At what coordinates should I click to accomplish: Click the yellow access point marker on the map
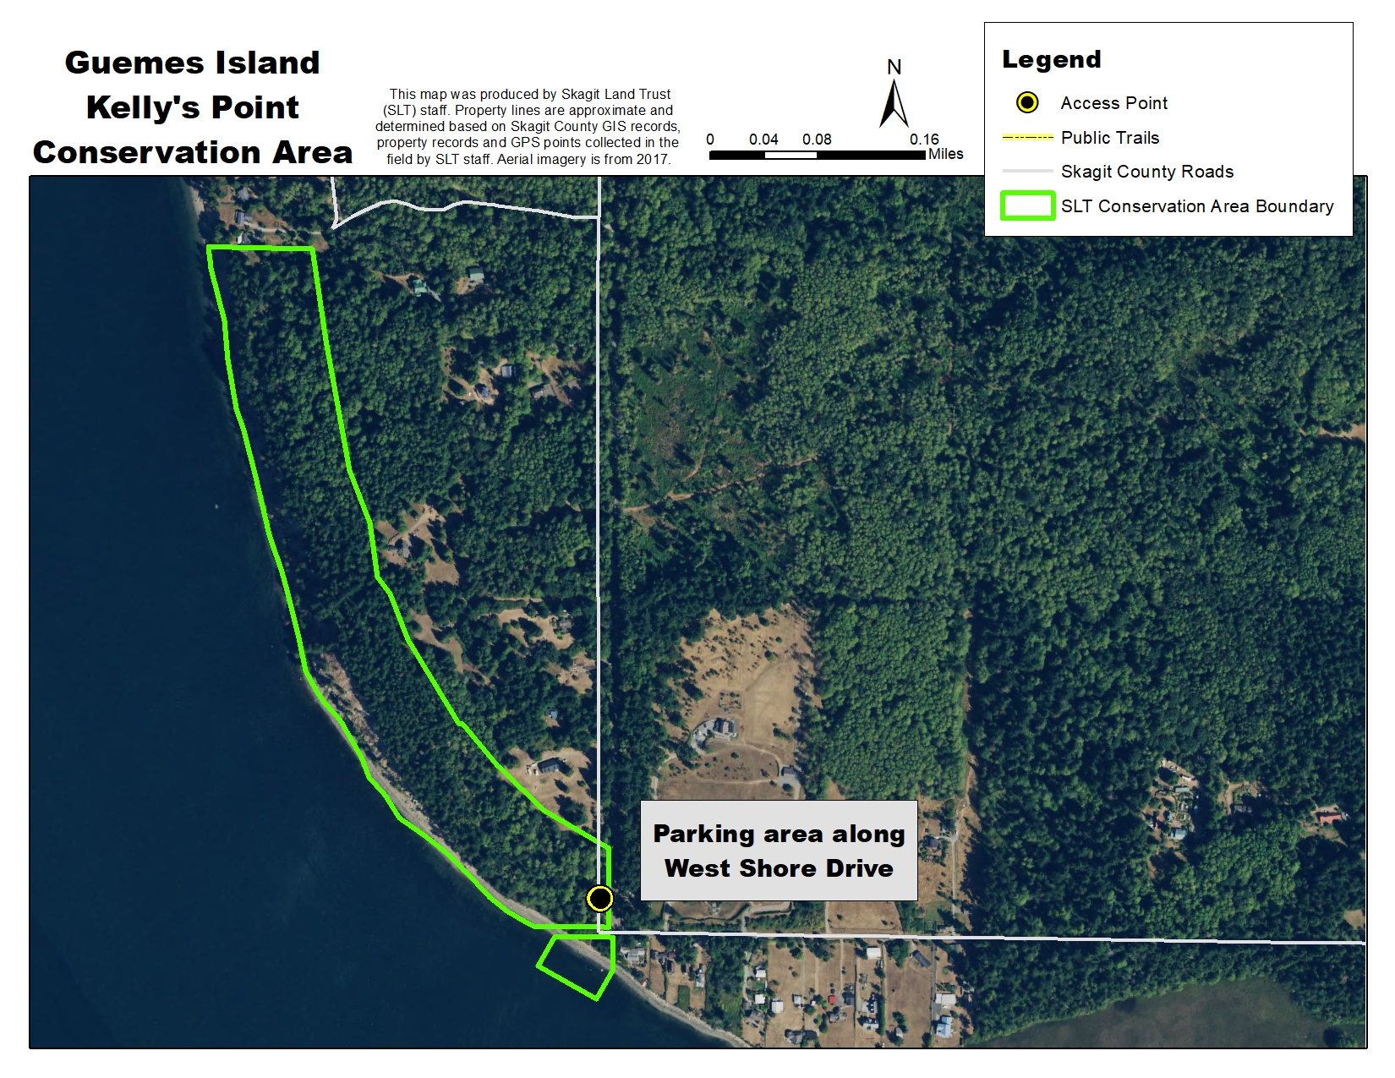tap(599, 898)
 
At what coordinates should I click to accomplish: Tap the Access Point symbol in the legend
tap(1026, 103)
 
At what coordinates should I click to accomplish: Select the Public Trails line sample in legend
tap(1027, 137)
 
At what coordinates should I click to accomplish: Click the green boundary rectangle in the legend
tap(1027, 205)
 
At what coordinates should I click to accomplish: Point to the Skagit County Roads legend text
tap(1146, 172)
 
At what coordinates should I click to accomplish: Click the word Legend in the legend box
tap(1051, 59)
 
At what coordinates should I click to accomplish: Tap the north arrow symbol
tap(894, 103)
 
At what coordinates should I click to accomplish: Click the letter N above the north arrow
tap(894, 67)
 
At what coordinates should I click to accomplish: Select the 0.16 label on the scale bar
tap(923, 140)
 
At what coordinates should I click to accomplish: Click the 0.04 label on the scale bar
tap(763, 140)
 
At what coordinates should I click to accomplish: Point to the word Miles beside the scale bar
tap(945, 154)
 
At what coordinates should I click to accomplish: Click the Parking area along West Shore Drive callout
tap(779, 851)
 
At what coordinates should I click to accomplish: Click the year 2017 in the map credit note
tap(654, 159)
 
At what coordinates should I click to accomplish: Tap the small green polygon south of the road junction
tap(577, 966)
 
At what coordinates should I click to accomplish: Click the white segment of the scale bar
tap(790, 156)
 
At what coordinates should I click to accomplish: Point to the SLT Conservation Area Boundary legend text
tap(1196, 206)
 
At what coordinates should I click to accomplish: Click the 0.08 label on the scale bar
tap(817, 140)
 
